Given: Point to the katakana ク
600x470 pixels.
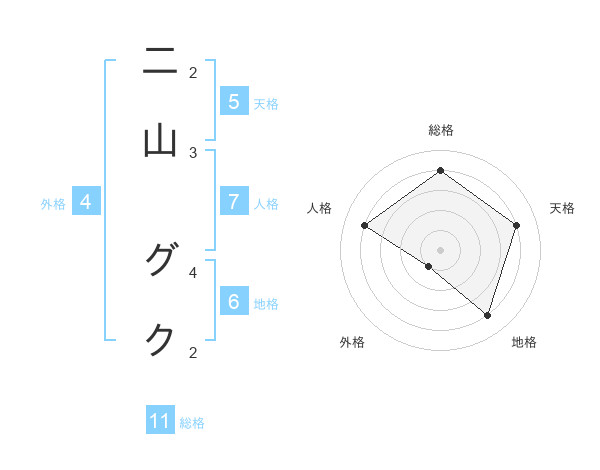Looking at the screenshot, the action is point(160,340).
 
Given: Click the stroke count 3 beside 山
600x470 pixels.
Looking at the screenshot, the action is point(193,153).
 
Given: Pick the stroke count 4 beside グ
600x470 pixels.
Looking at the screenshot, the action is point(193,270).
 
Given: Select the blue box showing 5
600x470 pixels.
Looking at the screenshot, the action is point(233,101).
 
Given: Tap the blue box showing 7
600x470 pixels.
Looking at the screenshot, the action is point(233,201).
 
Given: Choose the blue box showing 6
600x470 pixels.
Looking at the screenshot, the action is point(233,301).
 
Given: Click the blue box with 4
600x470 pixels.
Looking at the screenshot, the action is point(86,202).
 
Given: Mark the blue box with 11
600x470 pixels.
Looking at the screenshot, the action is point(160,421).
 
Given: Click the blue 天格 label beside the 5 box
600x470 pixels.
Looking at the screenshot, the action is point(266,103).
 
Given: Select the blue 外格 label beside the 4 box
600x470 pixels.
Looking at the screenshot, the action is point(53,204).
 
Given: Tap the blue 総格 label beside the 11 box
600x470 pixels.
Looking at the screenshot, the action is point(192,423).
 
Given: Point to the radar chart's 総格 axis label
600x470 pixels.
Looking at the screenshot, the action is point(441,130).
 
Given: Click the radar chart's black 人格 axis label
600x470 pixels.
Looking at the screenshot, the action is point(320,208).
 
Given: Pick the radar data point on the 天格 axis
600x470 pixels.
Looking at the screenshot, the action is point(516,226).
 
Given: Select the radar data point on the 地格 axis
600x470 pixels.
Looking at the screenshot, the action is point(487,315).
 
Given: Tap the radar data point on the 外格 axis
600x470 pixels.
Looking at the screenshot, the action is point(429,266).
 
